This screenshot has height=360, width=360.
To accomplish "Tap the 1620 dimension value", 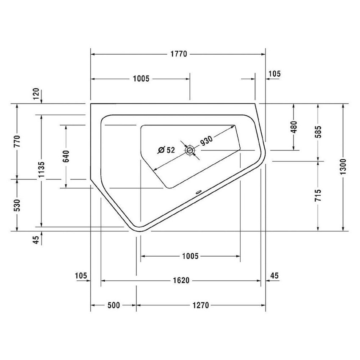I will (180, 280).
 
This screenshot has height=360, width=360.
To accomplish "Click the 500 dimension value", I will (114, 305).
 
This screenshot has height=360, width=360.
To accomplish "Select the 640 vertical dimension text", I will (66, 156).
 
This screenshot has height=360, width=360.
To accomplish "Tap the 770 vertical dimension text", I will (17, 141).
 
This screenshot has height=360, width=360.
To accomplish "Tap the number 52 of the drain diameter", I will (170, 150).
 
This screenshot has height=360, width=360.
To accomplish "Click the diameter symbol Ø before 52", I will (161, 150).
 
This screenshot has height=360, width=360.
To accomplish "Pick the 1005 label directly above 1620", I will (190, 256).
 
